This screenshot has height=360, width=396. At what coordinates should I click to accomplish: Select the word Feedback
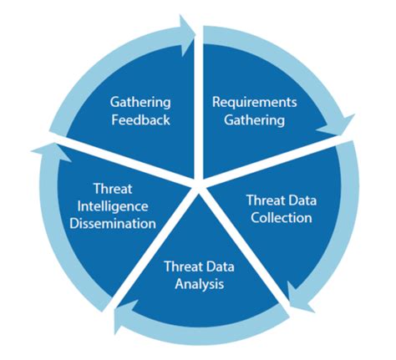(x=140, y=119)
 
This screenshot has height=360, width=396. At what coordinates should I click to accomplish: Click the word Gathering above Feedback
(x=140, y=102)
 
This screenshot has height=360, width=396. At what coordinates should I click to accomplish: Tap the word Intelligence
(x=113, y=207)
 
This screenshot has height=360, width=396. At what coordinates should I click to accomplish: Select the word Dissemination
(x=114, y=224)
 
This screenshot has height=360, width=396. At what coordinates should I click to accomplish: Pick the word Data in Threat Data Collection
(x=298, y=200)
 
